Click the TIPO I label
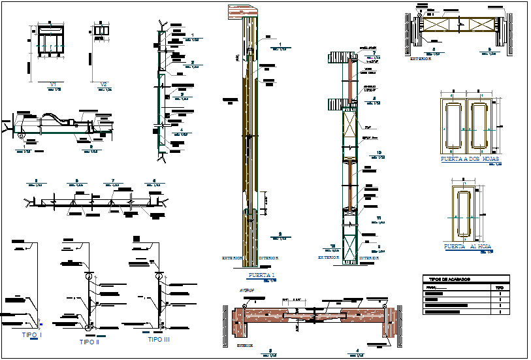coord(31,335)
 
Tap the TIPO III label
coord(158,340)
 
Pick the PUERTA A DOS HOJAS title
coord(470,159)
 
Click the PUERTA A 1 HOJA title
coord(468,247)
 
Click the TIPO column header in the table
coord(499,287)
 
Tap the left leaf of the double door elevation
coord(455,125)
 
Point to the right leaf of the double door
coord(484,125)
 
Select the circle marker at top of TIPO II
coord(88,276)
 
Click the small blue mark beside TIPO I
coord(40,323)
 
